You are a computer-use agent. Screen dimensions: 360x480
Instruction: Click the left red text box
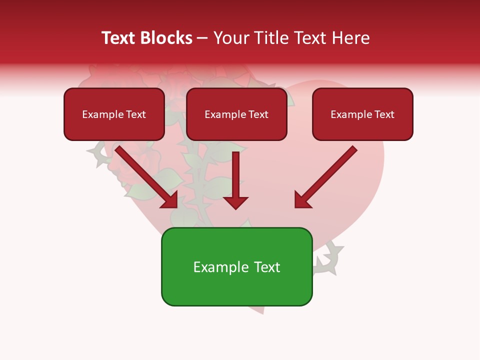coord(114,114)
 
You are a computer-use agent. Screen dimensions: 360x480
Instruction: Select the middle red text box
coord(236,114)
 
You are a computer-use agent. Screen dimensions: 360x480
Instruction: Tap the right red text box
coord(362,114)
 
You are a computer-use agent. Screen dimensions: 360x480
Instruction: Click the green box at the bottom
coord(236,266)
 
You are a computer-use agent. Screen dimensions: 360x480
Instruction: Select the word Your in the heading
coord(230,38)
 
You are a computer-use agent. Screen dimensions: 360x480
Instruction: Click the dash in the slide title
coord(203,38)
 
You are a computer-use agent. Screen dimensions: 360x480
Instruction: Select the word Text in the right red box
coord(384,114)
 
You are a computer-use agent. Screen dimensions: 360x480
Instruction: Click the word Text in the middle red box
coord(258,114)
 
